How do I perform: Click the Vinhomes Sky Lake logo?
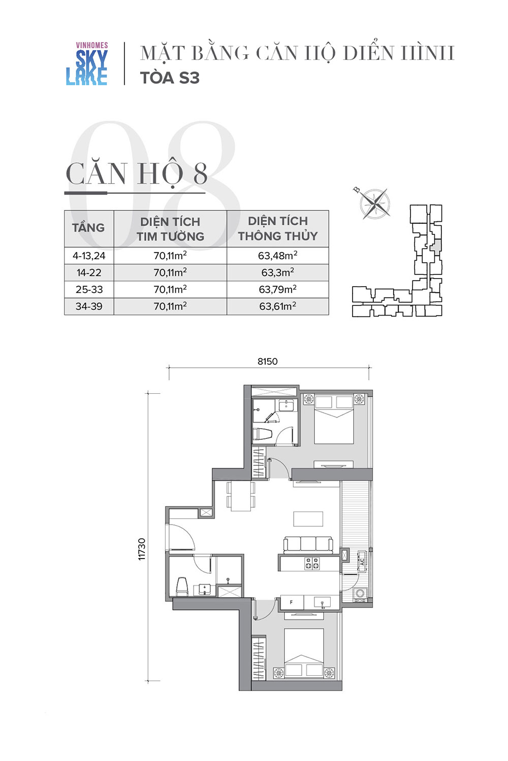pos(87,63)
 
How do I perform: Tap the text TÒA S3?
pos(170,78)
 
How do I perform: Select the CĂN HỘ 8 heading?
pos(137,174)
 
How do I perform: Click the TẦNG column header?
pos(88,228)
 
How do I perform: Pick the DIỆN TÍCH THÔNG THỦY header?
pos(278,228)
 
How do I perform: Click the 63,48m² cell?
pos(278,256)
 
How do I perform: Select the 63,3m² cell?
pos(278,272)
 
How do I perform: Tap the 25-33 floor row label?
pos(89,290)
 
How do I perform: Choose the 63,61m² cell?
pos(278,306)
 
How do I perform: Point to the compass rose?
pos(374,204)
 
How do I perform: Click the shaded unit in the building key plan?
pos(436,245)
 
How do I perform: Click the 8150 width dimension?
pos(267,361)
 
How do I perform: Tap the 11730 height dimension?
pos(142,549)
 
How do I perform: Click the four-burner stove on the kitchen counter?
pos(312,563)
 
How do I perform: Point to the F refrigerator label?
pos(291,602)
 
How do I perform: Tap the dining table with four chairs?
pos(241,496)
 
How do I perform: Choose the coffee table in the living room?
pos(308,519)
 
